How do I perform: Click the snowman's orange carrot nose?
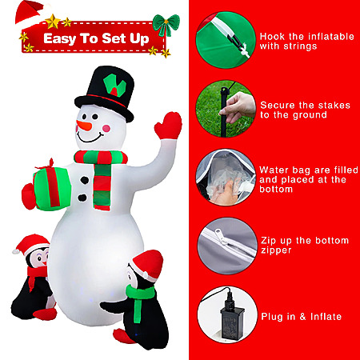tap(84, 126)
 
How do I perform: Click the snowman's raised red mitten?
tap(168, 126)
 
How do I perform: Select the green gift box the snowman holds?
tap(52, 188)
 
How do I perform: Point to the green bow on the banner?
tap(166, 24)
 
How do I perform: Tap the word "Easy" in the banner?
tap(60, 39)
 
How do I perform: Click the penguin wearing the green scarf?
tap(138, 298)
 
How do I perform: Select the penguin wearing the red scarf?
tap(34, 278)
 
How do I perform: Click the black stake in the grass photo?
tap(223, 112)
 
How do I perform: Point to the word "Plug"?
tap(270, 317)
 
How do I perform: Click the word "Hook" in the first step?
tap(272, 37)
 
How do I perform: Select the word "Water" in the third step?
tap(274, 170)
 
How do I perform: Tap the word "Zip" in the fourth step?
tap(268, 241)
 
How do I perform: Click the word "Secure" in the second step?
tap(274, 105)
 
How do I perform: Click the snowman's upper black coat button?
tap(85, 180)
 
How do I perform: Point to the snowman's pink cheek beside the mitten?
tap(106, 129)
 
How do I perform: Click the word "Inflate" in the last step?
tap(326, 317)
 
